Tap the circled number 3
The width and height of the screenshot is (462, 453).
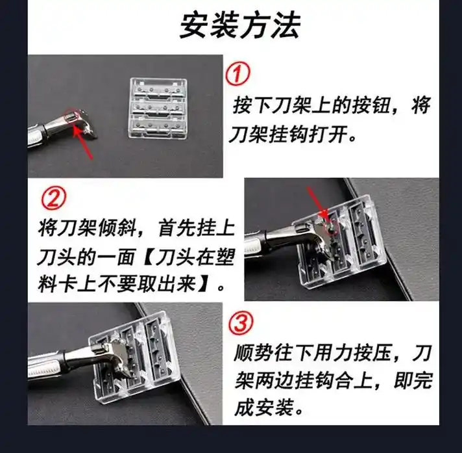(241, 323)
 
